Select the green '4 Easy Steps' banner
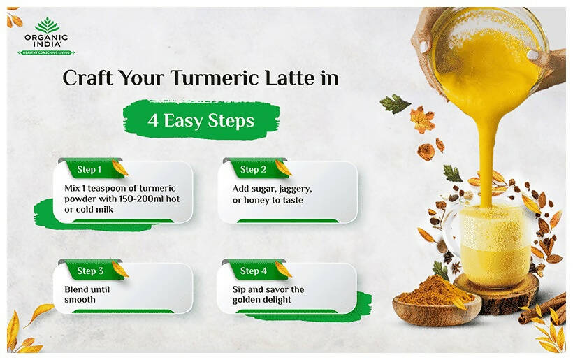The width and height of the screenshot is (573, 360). click(x=200, y=120)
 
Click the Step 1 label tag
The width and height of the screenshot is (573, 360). click(x=90, y=169)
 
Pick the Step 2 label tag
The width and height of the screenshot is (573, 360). click(x=253, y=169)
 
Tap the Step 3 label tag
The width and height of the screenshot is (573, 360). click(x=91, y=271)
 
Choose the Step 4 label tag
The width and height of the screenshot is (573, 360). click(x=254, y=271)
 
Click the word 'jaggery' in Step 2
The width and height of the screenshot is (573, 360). click(x=295, y=189)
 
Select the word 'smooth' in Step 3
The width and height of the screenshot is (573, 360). click(x=80, y=300)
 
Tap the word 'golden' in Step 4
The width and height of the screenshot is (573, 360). click(x=249, y=300)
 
